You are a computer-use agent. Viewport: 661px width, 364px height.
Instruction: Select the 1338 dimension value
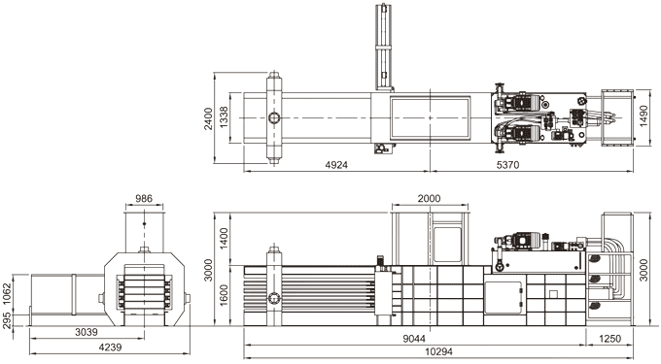pos(224,117)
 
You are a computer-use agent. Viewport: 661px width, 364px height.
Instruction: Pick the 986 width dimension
pos(144,199)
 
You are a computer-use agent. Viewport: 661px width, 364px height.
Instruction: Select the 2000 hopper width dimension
pos(429,199)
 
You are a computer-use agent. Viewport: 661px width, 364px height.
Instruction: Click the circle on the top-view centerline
pos(274,118)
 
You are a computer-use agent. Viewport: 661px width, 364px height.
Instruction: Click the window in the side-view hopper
pos(446,240)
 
